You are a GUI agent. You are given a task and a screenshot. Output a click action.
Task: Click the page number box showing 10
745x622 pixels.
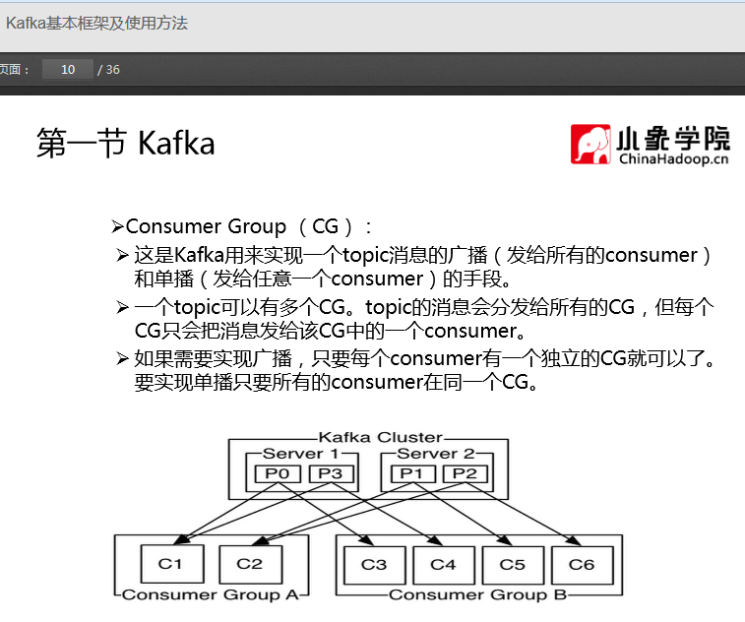click(68, 70)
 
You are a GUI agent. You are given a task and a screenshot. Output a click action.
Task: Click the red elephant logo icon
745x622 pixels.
click(590, 144)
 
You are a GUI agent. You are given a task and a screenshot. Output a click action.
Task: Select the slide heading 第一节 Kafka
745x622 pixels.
click(125, 144)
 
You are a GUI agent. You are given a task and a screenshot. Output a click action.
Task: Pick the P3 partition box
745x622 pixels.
click(330, 473)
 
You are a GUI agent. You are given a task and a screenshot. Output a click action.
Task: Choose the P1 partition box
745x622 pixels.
click(411, 473)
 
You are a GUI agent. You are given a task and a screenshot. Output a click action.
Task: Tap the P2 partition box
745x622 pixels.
click(464, 473)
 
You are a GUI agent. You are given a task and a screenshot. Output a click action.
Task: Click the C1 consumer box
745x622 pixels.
click(170, 565)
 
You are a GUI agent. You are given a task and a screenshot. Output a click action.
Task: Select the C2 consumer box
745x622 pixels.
click(249, 565)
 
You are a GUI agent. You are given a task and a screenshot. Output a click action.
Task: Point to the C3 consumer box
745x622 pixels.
click(374, 565)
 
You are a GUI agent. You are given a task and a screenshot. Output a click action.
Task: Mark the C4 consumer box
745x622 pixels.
click(443, 565)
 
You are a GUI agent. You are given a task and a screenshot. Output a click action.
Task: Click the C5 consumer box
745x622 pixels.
click(512, 565)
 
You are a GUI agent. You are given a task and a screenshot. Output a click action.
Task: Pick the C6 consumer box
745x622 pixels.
click(582, 565)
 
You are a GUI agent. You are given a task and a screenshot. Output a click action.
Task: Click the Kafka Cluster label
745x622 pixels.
click(380, 437)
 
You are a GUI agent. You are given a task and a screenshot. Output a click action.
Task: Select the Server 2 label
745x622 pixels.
click(435, 454)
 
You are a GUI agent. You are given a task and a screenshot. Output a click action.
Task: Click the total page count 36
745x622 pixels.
click(113, 70)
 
